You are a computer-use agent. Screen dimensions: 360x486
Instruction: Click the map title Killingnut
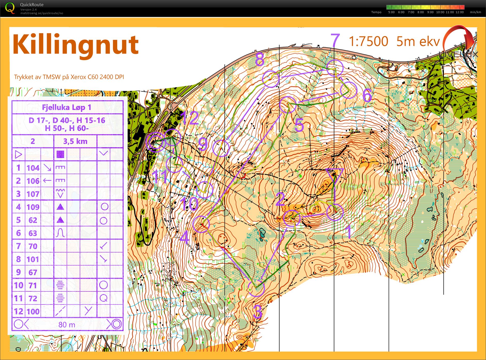click(x=75, y=45)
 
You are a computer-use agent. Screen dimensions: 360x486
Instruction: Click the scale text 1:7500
click(x=368, y=42)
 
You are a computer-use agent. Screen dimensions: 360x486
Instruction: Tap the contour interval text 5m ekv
click(x=418, y=42)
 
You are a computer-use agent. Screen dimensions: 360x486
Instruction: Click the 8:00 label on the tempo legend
click(x=420, y=12)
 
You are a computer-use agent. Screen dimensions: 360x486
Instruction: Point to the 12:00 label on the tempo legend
click(x=459, y=12)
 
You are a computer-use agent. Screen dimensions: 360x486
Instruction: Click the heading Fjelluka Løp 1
click(x=67, y=107)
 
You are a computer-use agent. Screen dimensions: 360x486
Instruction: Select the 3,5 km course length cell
click(x=75, y=141)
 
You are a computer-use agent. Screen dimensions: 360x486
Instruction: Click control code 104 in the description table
click(x=33, y=168)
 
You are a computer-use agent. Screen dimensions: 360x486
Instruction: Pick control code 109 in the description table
click(x=33, y=207)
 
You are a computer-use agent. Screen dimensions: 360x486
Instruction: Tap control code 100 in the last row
click(x=33, y=311)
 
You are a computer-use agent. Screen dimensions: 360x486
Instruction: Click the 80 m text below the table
click(x=67, y=324)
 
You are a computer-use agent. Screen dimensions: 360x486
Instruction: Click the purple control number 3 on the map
click(x=258, y=312)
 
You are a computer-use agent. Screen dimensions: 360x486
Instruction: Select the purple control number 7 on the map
click(x=335, y=40)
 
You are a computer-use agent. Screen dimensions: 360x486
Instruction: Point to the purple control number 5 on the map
click(x=299, y=125)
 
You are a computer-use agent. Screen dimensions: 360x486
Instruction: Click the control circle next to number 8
click(x=271, y=79)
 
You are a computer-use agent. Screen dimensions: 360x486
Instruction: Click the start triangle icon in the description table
click(x=18, y=154)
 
